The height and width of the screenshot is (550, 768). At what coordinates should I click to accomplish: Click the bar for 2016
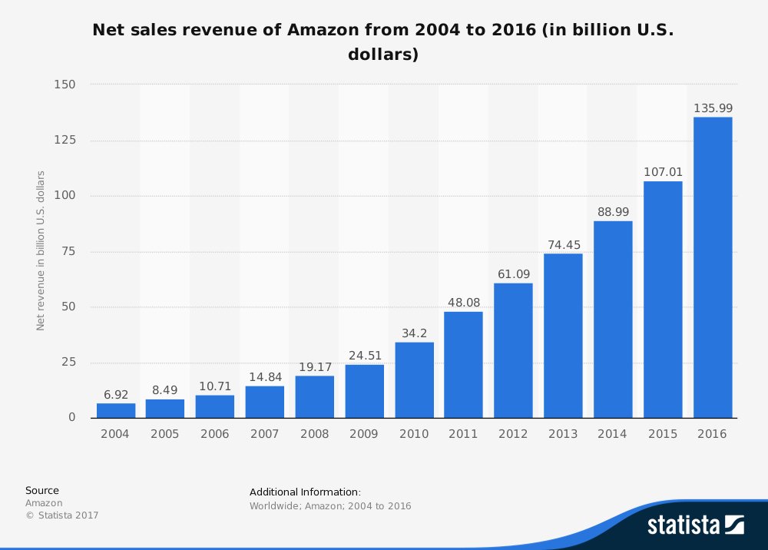click(713, 267)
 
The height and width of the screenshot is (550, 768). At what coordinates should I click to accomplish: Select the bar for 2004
click(116, 410)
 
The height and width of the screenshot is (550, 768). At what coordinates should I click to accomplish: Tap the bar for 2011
click(464, 364)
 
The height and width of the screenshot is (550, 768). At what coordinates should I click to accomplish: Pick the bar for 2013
click(563, 335)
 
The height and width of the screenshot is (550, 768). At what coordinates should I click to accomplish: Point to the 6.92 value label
click(116, 395)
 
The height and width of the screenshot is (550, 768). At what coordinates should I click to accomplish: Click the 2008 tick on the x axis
click(314, 434)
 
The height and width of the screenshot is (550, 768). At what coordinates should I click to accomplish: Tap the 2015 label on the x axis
click(663, 434)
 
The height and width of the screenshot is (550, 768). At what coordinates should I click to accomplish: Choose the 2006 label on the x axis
click(215, 434)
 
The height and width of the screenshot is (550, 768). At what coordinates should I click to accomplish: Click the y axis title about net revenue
click(41, 250)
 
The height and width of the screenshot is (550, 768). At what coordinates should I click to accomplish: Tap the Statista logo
click(695, 525)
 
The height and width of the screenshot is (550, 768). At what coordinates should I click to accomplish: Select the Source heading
click(41, 490)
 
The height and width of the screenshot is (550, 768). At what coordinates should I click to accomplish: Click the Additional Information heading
click(305, 492)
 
